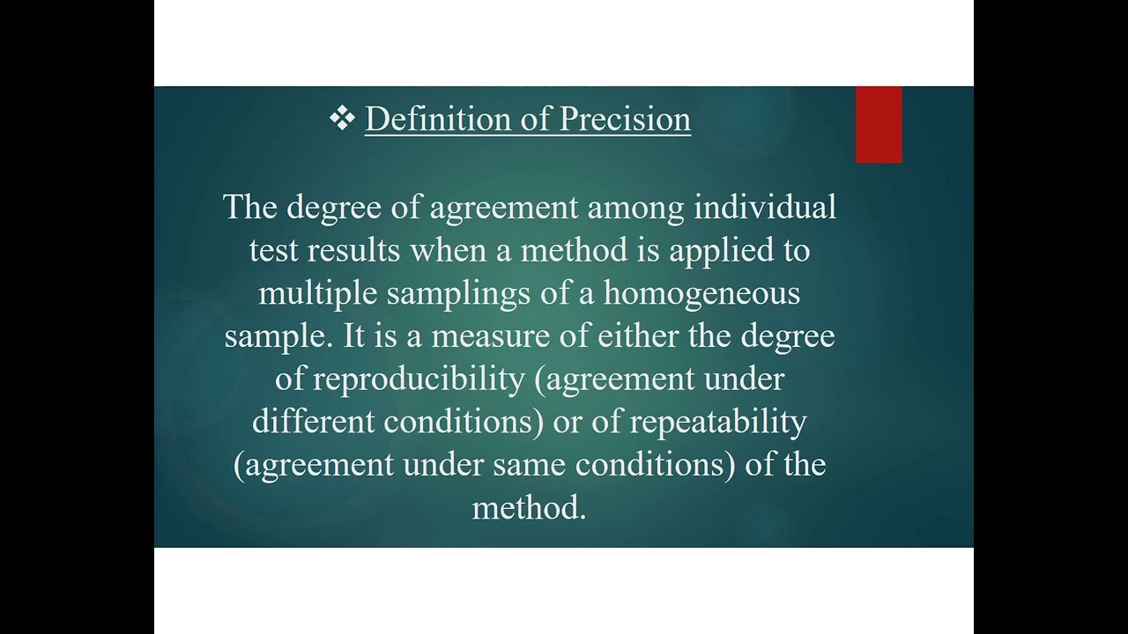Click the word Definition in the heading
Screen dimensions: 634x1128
(x=430, y=120)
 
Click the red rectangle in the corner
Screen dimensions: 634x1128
(x=879, y=124)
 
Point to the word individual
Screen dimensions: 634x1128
(x=765, y=208)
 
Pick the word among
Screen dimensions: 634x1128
(x=635, y=208)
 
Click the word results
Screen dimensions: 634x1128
(x=353, y=251)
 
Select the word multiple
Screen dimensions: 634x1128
(x=317, y=293)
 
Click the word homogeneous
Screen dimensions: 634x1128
(x=701, y=294)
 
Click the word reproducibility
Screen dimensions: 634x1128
(x=419, y=380)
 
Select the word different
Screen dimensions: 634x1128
(x=313, y=422)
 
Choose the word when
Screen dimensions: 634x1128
(x=448, y=251)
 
